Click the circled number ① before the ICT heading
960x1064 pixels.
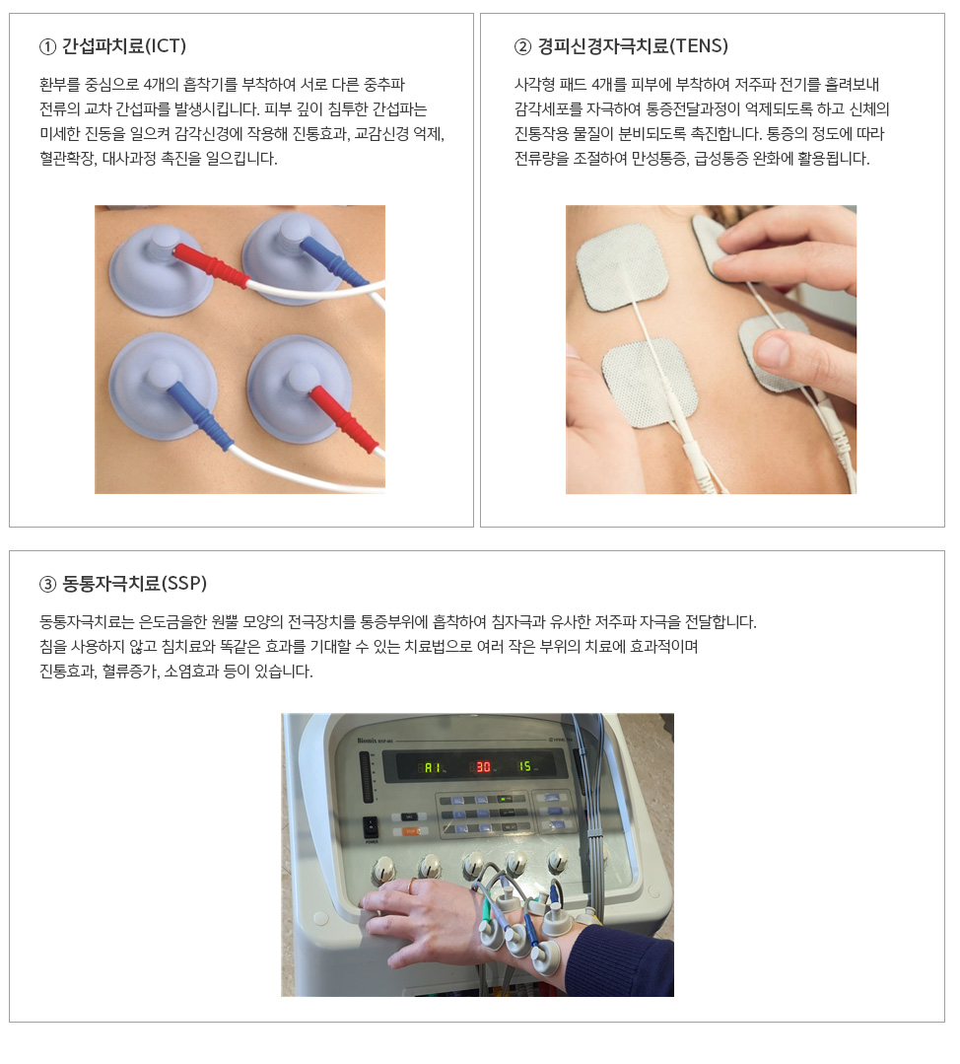[47, 46]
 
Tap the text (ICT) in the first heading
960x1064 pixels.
[166, 46]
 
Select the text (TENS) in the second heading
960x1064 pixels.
[699, 46]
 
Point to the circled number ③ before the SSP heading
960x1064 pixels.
[47, 584]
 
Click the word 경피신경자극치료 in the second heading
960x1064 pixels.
[603, 46]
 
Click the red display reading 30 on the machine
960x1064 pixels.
[482, 767]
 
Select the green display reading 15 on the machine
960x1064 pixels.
[525, 766]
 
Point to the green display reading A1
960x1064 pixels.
[432, 767]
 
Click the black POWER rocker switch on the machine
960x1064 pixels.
[371, 825]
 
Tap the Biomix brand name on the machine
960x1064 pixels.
[368, 741]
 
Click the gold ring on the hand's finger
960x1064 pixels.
[411, 885]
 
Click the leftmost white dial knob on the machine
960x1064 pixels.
[384, 870]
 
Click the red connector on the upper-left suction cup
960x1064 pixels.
[209, 265]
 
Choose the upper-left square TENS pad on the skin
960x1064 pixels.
[621, 266]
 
